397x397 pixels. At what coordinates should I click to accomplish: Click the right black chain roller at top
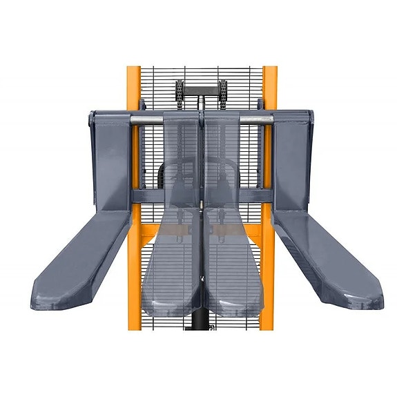pos(223,90)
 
